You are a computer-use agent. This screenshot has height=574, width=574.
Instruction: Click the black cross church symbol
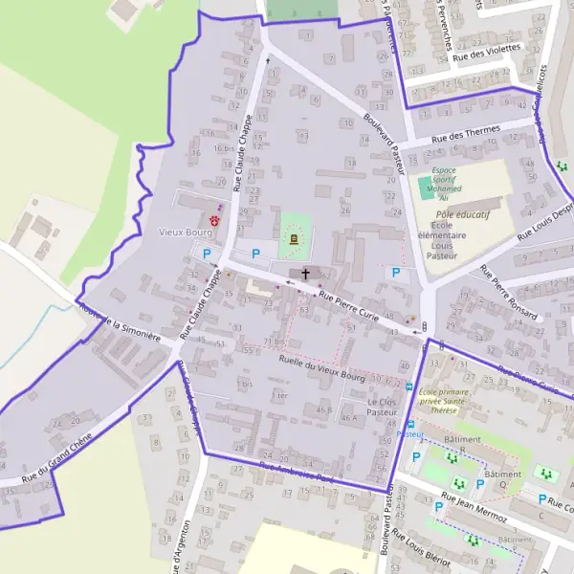pyautogui.click(x=306, y=274)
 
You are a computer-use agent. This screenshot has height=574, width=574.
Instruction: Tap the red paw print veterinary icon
pyautogui.click(x=215, y=219)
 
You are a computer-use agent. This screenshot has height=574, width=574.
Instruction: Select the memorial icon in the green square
pyautogui.click(x=294, y=238)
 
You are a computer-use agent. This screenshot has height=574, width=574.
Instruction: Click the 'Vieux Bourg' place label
pyautogui.click(x=185, y=232)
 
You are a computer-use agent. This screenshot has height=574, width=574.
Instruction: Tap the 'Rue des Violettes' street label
pyautogui.click(x=486, y=52)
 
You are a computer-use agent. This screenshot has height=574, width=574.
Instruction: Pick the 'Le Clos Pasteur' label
pyautogui.click(x=381, y=407)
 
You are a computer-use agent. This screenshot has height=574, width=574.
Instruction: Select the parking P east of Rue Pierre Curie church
pyautogui.click(x=394, y=273)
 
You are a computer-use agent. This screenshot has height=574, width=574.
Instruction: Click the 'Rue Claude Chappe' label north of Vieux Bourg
pyautogui.click(x=247, y=139)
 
